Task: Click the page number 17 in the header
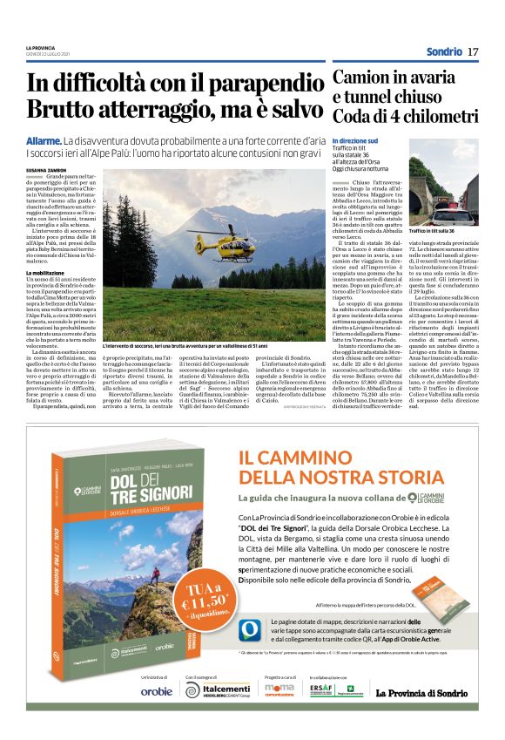tap(473, 51)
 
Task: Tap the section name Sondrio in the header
tap(443, 51)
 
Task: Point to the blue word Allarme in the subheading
tap(43, 139)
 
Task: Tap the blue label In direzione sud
tap(355, 139)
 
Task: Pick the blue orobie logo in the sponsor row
tap(156, 716)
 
